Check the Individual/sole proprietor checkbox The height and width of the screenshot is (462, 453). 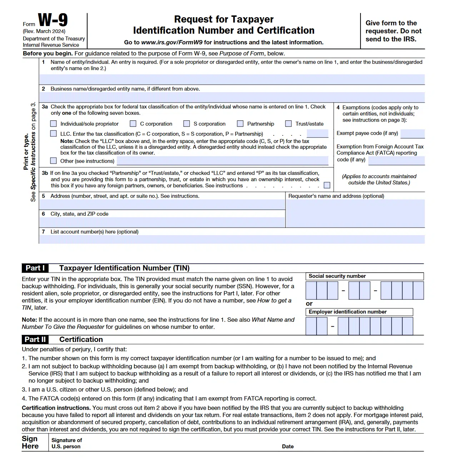click(x=54, y=124)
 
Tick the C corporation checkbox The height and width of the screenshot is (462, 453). click(x=133, y=124)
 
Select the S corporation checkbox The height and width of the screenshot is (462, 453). click(x=186, y=124)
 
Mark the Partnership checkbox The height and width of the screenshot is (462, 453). click(x=240, y=124)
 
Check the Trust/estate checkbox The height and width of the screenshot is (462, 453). click(x=288, y=124)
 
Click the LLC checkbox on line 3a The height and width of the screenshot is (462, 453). click(x=54, y=134)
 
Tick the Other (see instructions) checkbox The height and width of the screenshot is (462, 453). click(x=54, y=161)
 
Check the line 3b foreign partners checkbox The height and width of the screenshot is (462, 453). click(x=327, y=185)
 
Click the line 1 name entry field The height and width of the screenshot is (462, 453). click(x=232, y=79)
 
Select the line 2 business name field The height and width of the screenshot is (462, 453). click(x=232, y=97)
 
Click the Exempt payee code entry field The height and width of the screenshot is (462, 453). click(x=412, y=134)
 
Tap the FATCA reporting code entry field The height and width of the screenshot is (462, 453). click(x=396, y=160)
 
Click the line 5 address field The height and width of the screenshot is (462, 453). click(x=162, y=204)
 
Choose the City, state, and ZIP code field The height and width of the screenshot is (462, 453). click(x=162, y=222)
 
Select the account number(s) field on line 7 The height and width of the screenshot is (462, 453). click(x=232, y=239)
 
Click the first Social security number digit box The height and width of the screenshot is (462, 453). click(x=311, y=290)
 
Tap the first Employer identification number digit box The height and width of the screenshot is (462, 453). click(x=311, y=326)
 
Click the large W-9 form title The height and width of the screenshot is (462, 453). click(x=53, y=20)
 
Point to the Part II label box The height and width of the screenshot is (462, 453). click(x=35, y=339)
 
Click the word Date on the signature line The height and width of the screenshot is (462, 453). click(x=288, y=446)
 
